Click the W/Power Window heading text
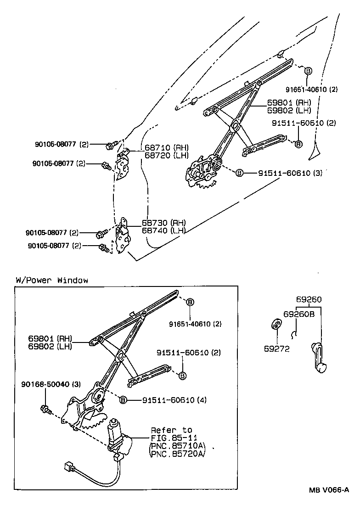click(x=52, y=280)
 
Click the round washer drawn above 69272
click(x=276, y=325)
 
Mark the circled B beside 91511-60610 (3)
click(x=239, y=173)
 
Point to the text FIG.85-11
click(x=171, y=438)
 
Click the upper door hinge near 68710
click(x=123, y=165)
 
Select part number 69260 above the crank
click(x=309, y=299)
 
